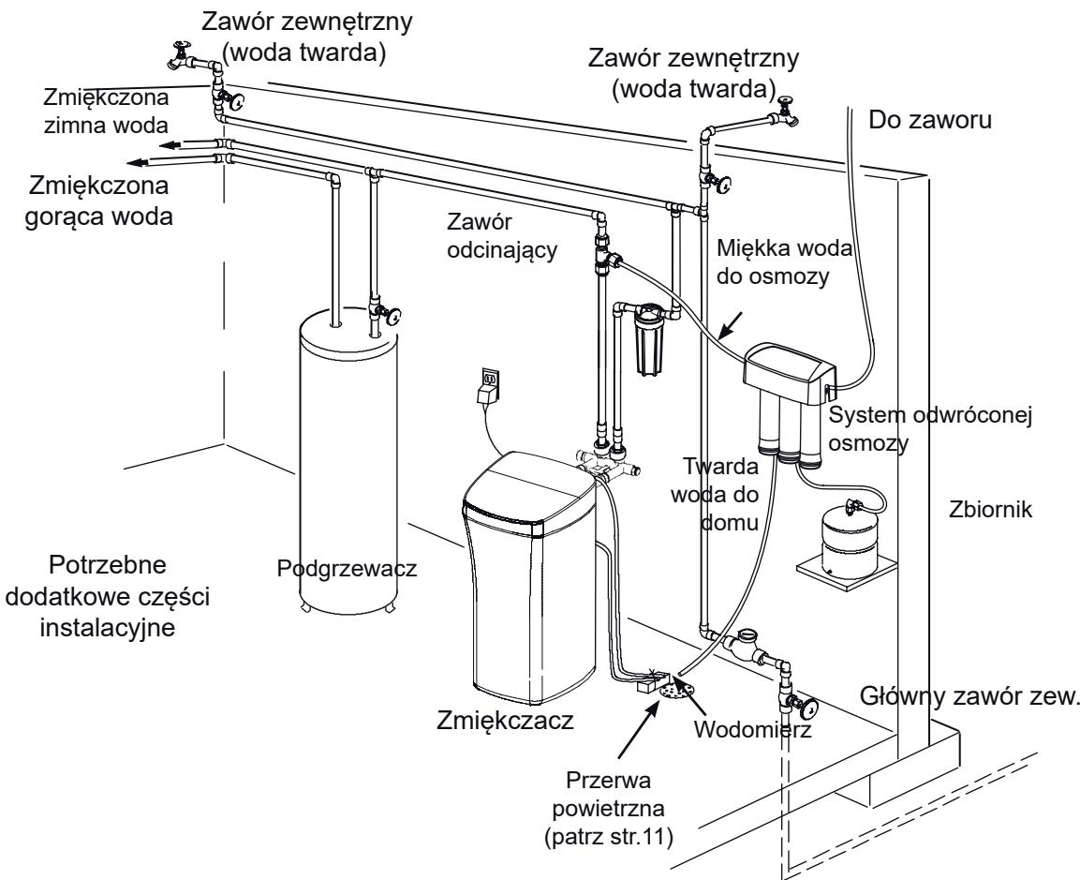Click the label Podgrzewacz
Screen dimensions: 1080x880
(x=347, y=569)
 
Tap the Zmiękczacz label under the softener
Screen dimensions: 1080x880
(x=505, y=720)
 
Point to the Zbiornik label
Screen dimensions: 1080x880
(x=990, y=509)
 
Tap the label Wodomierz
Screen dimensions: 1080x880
(x=752, y=729)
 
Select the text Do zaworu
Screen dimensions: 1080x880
(x=930, y=120)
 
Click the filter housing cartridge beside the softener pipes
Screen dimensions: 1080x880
(x=646, y=342)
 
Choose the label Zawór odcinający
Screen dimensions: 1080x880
(x=502, y=235)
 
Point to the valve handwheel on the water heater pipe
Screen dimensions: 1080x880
(x=394, y=317)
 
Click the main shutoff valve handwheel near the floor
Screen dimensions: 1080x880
(x=808, y=707)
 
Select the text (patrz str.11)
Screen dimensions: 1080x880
(x=608, y=837)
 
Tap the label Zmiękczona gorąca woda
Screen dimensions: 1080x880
(x=98, y=201)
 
